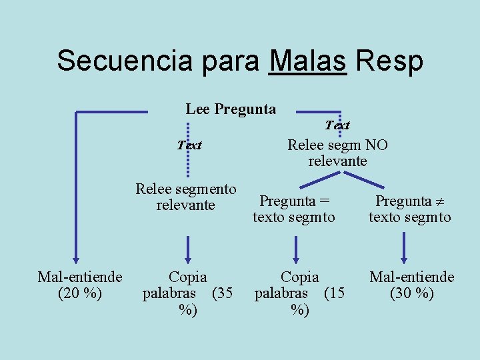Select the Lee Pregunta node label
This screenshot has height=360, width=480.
click(x=231, y=109)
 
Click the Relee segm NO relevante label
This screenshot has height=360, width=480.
click(x=337, y=153)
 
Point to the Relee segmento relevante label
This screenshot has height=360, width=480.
click(x=186, y=197)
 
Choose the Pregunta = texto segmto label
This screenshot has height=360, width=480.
click(x=294, y=209)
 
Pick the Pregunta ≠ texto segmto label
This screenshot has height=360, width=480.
click(x=409, y=209)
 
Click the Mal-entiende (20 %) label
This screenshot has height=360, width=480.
click(x=80, y=285)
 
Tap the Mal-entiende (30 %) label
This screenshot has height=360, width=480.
click(x=412, y=285)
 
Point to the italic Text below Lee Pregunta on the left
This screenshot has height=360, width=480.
click(x=189, y=145)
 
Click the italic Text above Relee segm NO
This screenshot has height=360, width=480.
click(x=337, y=125)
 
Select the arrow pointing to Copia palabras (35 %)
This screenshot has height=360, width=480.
click(x=189, y=249)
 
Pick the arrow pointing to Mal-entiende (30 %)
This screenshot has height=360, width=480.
click(x=404, y=249)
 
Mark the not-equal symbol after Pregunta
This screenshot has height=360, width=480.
click(x=439, y=201)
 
